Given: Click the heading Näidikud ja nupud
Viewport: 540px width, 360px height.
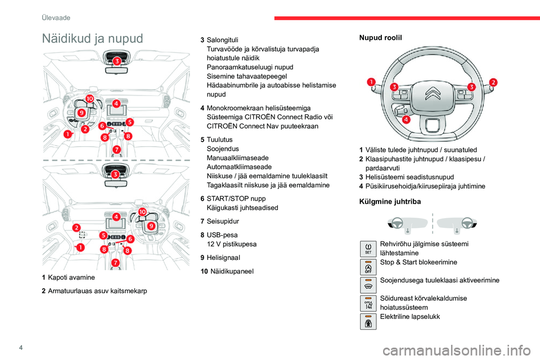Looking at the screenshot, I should pos(93,38).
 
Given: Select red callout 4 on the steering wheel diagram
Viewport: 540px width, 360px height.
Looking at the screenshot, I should pos(406,119).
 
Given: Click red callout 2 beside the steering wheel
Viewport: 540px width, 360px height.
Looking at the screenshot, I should pos(493,82).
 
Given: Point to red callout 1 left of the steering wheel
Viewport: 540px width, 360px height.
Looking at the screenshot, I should pos(371,82).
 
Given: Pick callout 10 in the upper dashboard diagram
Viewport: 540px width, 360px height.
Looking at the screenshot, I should pos(89,99).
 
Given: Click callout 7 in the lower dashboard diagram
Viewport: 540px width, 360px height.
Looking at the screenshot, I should pos(115,262).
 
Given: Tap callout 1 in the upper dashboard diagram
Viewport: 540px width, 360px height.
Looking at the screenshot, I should pos(67,134).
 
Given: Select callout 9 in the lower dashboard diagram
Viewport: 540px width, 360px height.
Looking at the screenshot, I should pos(151,226).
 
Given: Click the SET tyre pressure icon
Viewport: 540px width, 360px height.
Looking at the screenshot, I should pos(368,248).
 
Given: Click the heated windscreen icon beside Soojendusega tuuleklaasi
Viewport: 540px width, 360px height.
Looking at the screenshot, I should pos(368,285).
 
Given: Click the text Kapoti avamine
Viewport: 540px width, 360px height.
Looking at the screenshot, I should pos(71,277).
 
